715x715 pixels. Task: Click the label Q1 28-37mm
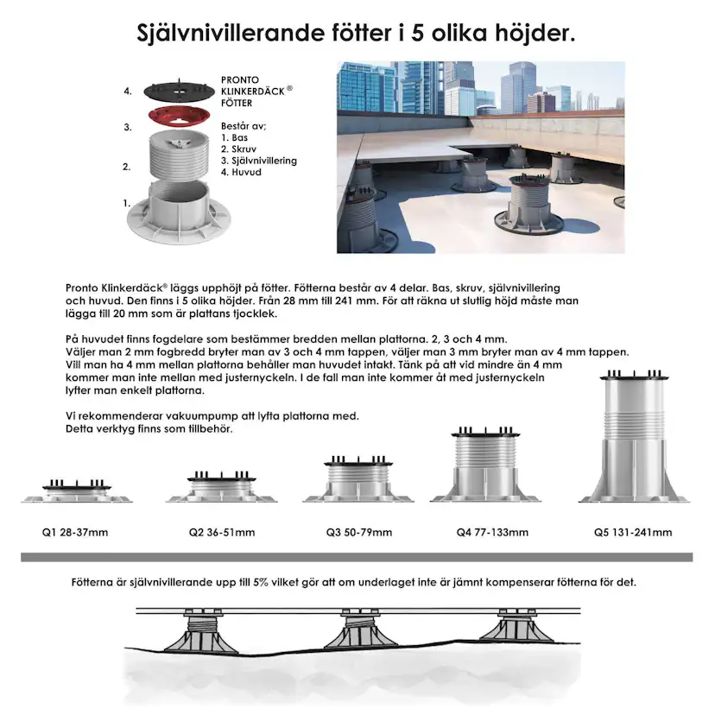77,532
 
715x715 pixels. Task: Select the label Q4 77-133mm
492,532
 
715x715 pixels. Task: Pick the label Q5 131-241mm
632,532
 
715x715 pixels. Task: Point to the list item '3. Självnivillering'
259,161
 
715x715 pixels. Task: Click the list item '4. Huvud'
241,172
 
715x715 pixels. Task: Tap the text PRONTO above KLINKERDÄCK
240,80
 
